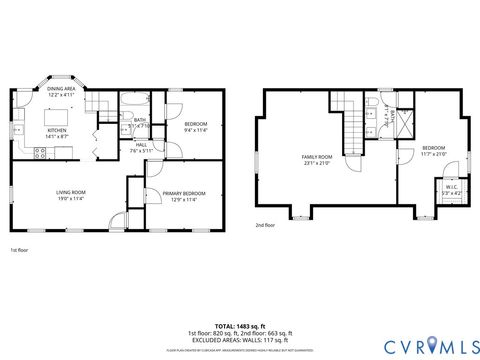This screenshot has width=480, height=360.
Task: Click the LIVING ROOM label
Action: pyautogui.click(x=70, y=194)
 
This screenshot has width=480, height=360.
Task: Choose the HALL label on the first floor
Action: pyautogui.click(x=141, y=147)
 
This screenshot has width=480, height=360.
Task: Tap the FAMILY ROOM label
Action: pyautogui.click(x=318, y=160)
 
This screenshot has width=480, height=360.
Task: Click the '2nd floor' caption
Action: pyautogui.click(x=265, y=226)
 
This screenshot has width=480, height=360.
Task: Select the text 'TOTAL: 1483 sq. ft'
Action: pyautogui.click(x=239, y=326)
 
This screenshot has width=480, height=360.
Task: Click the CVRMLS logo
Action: pyautogui.click(x=420, y=344)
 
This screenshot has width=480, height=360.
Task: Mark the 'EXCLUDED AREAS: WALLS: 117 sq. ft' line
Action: pyautogui.click(x=239, y=339)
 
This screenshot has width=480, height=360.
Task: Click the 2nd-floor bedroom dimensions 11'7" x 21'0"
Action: pyautogui.click(x=433, y=155)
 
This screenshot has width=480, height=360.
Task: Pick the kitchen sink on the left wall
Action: pyautogui.click(x=17, y=130)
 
